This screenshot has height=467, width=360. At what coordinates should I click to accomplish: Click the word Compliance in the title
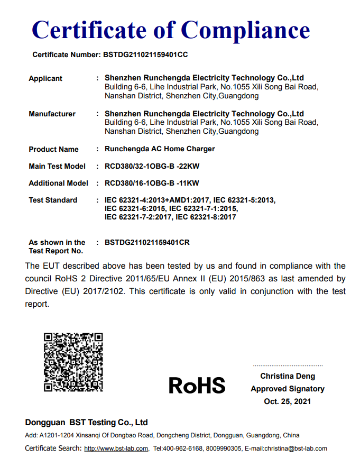tap(245, 30)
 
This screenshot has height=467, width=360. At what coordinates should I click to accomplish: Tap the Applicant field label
tap(45, 78)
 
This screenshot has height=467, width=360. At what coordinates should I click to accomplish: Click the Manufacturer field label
tap(52, 114)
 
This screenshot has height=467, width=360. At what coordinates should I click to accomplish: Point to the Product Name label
tap(53, 149)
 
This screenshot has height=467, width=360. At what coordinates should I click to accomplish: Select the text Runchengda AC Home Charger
tap(160, 149)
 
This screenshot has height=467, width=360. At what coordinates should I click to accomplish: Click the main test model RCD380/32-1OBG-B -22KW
tap(152, 166)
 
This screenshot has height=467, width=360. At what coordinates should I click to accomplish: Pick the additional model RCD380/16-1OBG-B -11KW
tap(152, 183)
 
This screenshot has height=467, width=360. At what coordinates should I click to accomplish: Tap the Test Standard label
tap(53, 200)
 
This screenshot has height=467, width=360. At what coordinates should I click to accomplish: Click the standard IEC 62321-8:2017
tap(206, 217)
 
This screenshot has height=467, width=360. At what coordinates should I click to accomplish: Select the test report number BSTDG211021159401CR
tap(147, 242)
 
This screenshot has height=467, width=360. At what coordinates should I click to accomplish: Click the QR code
tap(73, 362)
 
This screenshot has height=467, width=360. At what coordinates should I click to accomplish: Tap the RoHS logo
tap(197, 386)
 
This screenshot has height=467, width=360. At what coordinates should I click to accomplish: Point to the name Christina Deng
tap(288, 376)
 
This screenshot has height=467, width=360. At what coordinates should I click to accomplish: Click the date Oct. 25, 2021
tap(288, 401)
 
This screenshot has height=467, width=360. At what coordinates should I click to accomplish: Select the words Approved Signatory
tap(288, 389)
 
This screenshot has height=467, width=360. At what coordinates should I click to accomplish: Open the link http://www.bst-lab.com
tap(116, 448)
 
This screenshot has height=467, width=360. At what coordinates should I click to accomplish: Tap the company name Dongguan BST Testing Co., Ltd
tap(87, 423)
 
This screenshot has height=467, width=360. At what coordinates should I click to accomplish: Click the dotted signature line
tap(288, 365)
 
